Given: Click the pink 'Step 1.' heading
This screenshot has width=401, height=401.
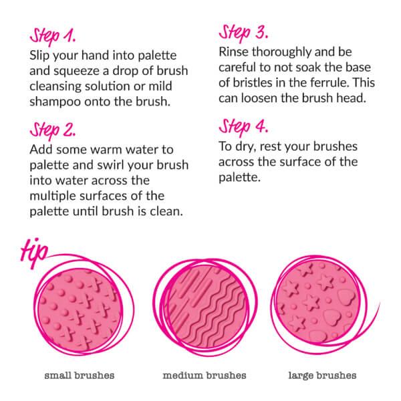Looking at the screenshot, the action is pos(53,37).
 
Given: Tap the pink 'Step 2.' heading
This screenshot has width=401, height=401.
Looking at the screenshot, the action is pos(53,131).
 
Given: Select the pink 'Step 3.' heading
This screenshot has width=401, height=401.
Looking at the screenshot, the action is pos(243,33).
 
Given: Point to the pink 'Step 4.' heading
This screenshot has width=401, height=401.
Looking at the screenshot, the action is pos(243,127).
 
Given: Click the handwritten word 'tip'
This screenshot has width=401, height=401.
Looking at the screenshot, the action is pos(34,253).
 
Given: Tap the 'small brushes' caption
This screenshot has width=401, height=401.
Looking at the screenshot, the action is pos(80,376).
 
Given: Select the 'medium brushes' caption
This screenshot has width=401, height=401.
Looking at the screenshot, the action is pos(205,376).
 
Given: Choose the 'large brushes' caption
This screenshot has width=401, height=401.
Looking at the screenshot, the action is pos(322,376).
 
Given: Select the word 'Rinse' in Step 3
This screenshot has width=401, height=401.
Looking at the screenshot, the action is pos(234,52).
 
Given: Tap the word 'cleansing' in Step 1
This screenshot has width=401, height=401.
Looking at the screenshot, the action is pos(55,87).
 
